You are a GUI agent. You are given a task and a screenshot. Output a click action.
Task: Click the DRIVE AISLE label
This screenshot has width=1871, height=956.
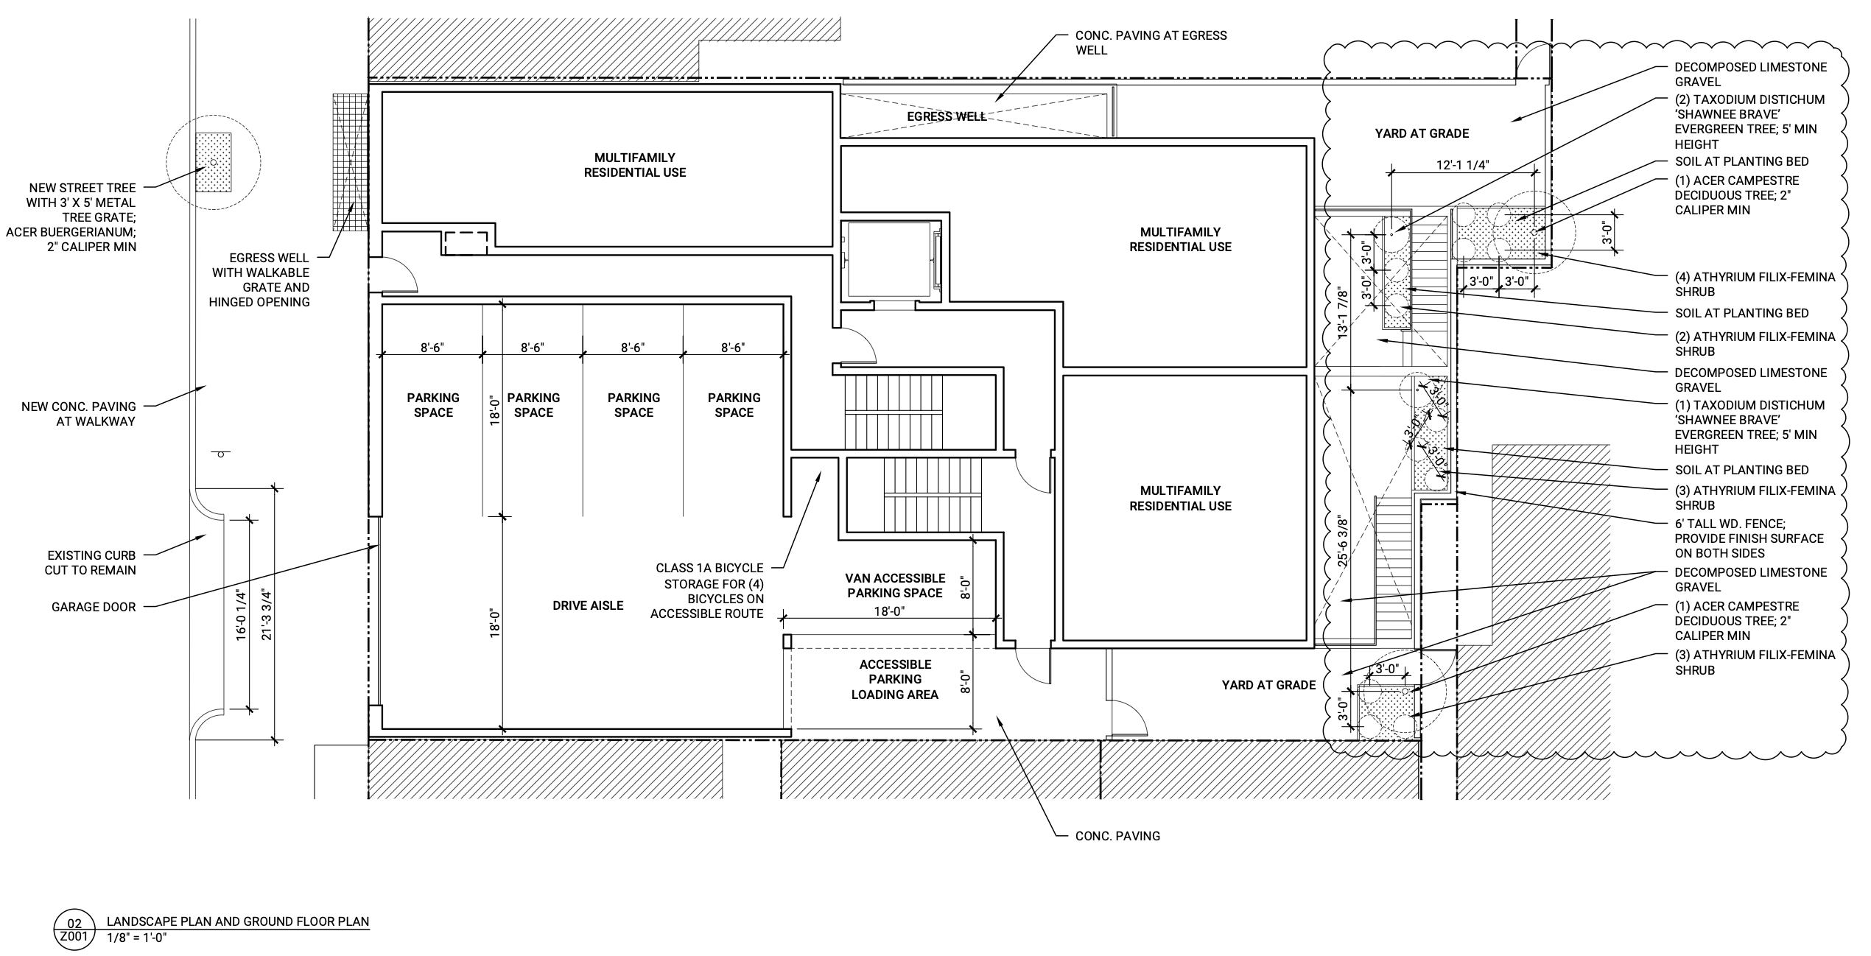pyautogui.click(x=588, y=605)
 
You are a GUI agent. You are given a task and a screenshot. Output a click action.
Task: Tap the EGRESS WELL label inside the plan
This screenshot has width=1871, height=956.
pyautogui.click(x=947, y=116)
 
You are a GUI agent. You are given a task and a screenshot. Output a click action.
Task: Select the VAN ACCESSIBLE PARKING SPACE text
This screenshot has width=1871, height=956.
pyautogui.click(x=895, y=586)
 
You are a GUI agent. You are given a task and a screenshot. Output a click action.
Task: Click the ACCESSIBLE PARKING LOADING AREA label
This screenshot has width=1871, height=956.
pyautogui.click(x=895, y=679)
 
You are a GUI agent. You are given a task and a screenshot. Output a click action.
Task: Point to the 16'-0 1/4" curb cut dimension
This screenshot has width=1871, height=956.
pyautogui.click(x=241, y=615)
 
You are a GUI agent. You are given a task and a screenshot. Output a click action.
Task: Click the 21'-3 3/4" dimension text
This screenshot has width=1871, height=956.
pyautogui.click(x=267, y=613)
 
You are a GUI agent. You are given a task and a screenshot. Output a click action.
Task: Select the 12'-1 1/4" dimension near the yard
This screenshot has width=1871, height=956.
pyautogui.click(x=1462, y=165)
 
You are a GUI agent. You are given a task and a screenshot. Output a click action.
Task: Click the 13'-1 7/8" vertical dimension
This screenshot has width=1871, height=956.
pyautogui.click(x=1343, y=312)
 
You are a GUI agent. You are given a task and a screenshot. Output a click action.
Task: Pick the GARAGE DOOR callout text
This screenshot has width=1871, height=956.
pyautogui.click(x=94, y=607)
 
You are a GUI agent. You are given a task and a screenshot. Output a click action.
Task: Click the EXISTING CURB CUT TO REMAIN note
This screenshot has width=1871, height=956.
pyautogui.click(x=91, y=563)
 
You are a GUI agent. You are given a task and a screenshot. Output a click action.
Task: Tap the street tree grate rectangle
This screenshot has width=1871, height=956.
pyautogui.click(x=213, y=162)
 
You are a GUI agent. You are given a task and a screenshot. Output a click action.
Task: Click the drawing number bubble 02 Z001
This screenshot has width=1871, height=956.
pyautogui.click(x=75, y=929)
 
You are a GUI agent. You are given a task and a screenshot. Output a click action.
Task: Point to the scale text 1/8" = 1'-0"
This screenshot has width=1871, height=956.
pyautogui.click(x=138, y=938)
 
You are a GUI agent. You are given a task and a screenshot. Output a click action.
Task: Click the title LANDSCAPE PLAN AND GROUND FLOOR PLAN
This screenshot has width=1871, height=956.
pyautogui.click(x=238, y=921)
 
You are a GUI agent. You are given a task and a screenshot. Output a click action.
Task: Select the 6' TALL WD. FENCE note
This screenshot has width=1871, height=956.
pyautogui.click(x=1749, y=538)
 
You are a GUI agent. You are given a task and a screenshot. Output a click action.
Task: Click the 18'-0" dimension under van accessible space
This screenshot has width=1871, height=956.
pyautogui.click(x=889, y=611)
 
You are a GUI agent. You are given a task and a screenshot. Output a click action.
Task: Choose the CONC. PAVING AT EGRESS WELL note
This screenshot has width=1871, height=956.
pyautogui.click(x=1151, y=43)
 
